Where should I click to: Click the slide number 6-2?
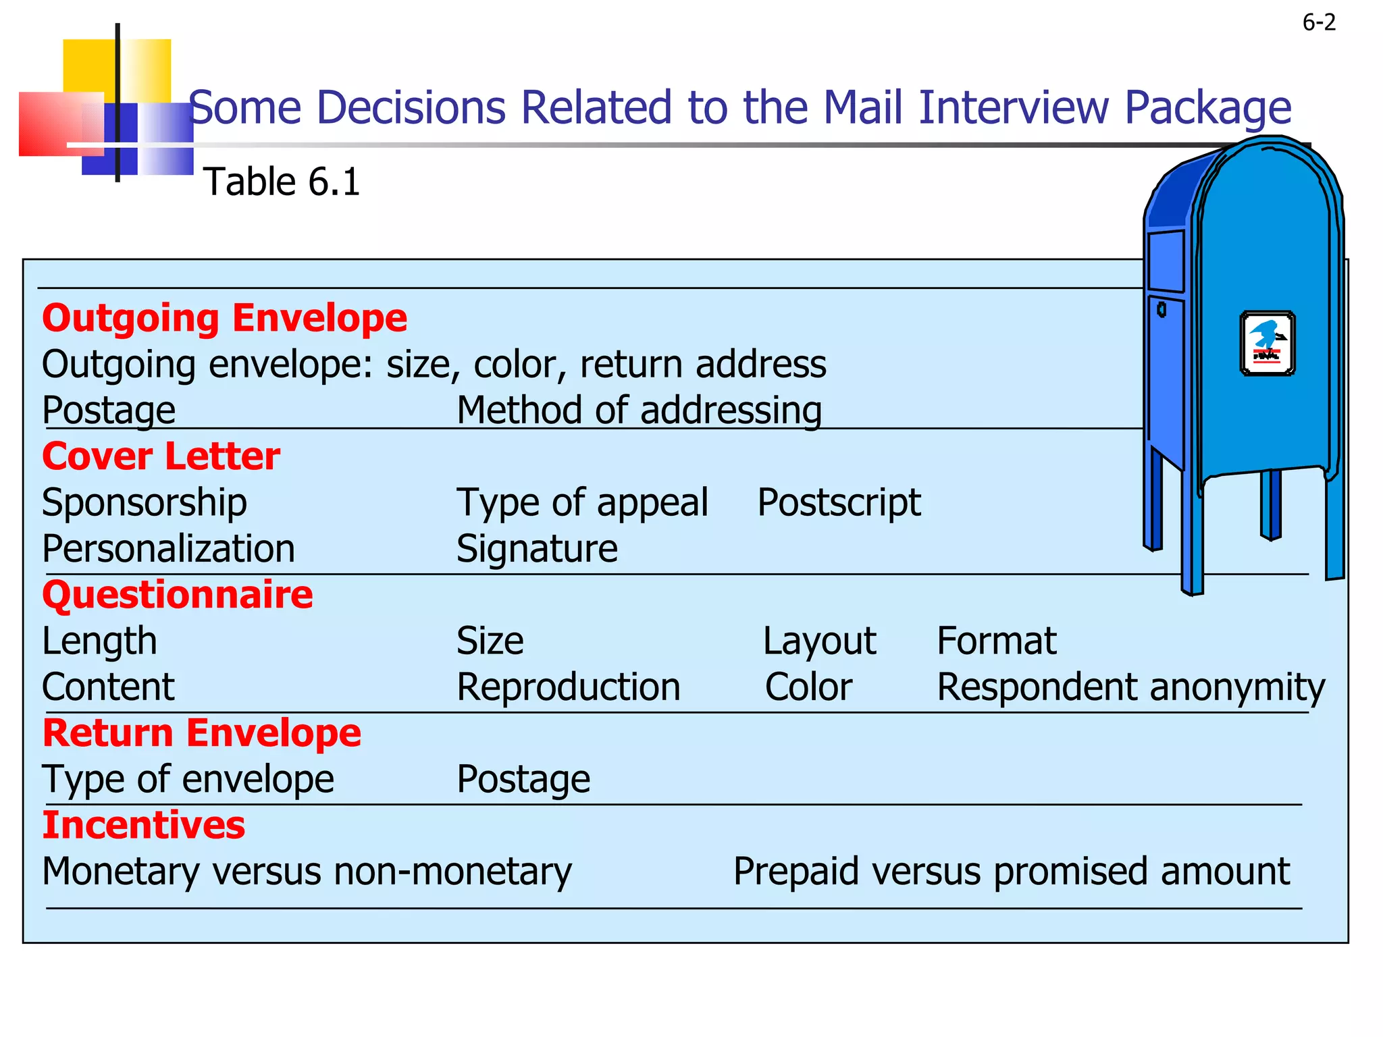(1318, 23)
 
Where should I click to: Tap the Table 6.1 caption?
(282, 182)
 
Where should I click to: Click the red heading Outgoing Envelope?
(225, 318)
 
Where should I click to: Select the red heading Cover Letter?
(161, 456)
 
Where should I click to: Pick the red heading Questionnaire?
(178, 595)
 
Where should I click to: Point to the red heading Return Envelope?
(202, 733)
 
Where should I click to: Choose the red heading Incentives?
(144, 825)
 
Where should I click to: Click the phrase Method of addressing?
(639, 410)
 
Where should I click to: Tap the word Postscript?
(839, 503)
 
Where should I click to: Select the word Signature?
(537, 549)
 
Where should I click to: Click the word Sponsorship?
(145, 503)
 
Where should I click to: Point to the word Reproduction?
(569, 687)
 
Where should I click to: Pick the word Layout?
(819, 641)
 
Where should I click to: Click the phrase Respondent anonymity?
(1131, 687)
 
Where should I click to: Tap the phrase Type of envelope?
(188, 779)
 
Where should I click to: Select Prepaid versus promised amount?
(1012, 872)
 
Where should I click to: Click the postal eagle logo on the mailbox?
(1268, 343)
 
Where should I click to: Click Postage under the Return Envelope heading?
(523, 779)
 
